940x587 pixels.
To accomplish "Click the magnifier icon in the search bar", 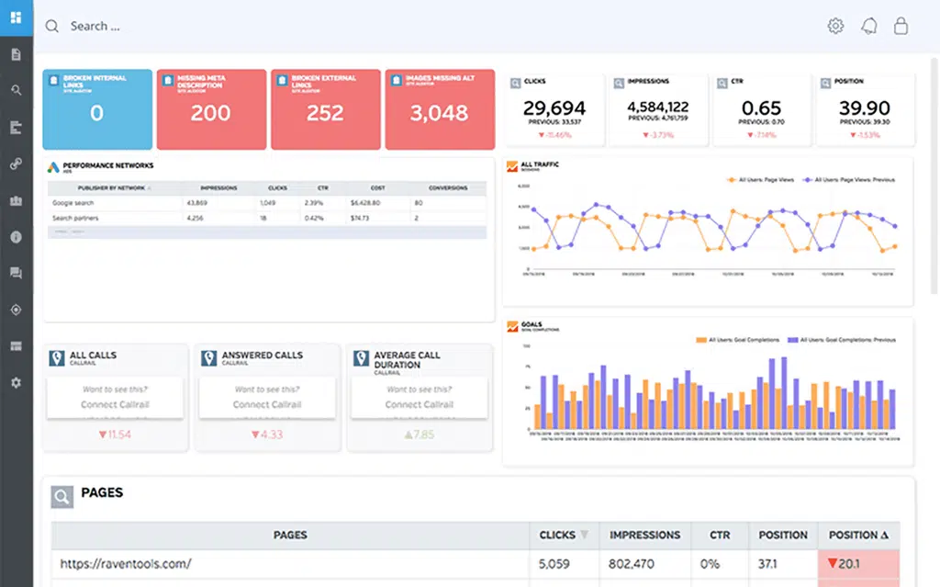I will tap(52, 27).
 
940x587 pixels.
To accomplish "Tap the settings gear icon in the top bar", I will tap(835, 27).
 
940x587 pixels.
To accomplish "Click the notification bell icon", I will tap(868, 27).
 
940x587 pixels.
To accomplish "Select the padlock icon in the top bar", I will tap(901, 27).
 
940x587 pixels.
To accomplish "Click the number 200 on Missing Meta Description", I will tap(210, 114).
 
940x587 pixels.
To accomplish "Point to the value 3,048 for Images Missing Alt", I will tap(439, 114).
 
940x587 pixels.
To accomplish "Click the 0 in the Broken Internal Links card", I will tap(96, 114).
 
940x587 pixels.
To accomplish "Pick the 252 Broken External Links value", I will tap(325, 114).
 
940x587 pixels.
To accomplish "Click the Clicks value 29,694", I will tap(554, 107).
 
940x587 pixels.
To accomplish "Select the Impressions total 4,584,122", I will tap(659, 107).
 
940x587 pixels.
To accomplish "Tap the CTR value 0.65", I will tap(761, 107).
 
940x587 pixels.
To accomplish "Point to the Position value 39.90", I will tap(864, 107).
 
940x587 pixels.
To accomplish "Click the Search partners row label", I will tap(75, 218).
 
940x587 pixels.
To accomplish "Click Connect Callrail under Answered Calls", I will tap(267, 404).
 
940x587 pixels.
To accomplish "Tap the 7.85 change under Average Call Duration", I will tap(423, 435).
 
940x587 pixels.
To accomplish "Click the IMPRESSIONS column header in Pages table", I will tap(644, 535).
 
